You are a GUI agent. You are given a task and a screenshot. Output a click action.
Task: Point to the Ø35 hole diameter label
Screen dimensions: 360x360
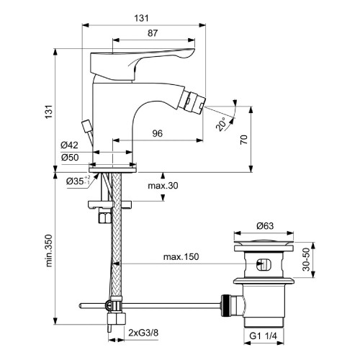(x=75, y=181)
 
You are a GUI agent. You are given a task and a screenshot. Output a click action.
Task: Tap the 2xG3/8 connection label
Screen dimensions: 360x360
(x=144, y=333)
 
